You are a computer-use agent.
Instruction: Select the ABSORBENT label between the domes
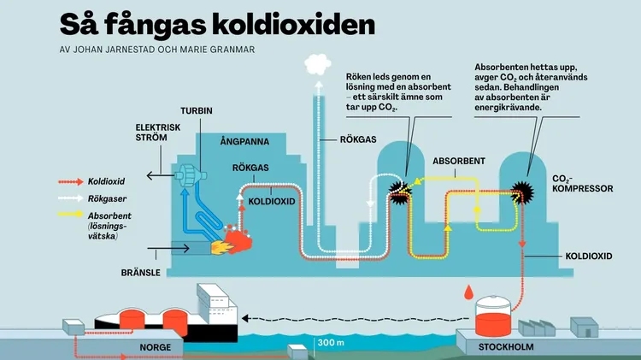click(x=460, y=160)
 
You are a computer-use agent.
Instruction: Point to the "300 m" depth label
click(x=331, y=342)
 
